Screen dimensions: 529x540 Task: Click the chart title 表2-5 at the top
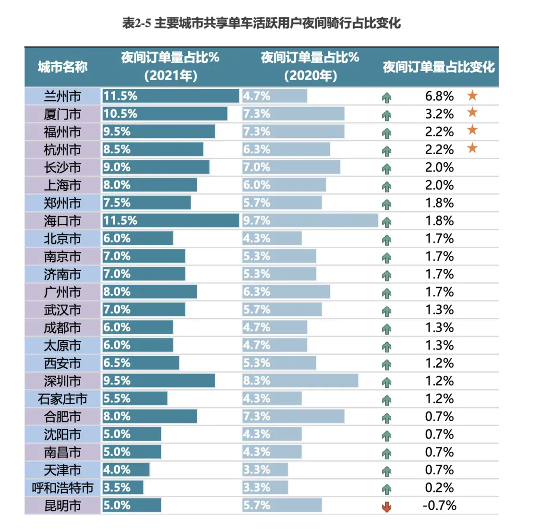tap(261, 23)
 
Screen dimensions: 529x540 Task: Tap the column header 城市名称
tap(62, 67)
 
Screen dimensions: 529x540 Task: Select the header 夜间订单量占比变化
tap(438, 67)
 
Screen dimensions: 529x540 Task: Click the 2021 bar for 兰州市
tap(170, 96)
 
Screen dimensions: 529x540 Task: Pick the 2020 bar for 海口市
tap(310, 221)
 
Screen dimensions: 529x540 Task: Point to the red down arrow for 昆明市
tap(386, 506)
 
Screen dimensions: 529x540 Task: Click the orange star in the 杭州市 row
tap(472, 148)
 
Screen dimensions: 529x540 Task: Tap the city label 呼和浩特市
tap(62, 488)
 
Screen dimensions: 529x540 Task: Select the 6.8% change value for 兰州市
tap(439, 96)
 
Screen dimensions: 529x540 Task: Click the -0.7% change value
tap(439, 505)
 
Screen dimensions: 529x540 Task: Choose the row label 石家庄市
tap(62, 399)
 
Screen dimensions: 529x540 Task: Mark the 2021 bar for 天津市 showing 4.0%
tap(126, 470)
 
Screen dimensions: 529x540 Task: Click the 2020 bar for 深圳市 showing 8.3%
tap(300, 381)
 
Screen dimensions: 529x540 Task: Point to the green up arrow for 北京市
tap(386, 240)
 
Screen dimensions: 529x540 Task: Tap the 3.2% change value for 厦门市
tap(439, 114)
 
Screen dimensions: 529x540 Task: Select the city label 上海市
tap(62, 185)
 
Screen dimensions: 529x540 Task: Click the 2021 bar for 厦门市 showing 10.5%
tap(165, 114)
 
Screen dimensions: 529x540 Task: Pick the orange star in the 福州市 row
tap(472, 130)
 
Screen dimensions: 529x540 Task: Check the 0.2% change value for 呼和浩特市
tap(439, 488)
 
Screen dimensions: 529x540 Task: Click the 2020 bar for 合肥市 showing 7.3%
tap(293, 417)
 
